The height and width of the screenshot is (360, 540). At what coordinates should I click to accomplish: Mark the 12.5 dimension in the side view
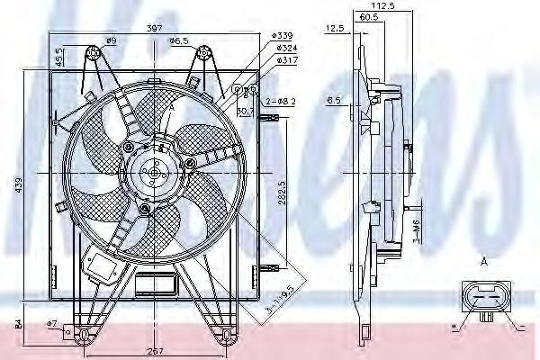335,29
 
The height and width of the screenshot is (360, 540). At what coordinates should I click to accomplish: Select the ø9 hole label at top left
112,41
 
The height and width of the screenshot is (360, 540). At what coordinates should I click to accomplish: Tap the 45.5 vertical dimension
59,56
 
